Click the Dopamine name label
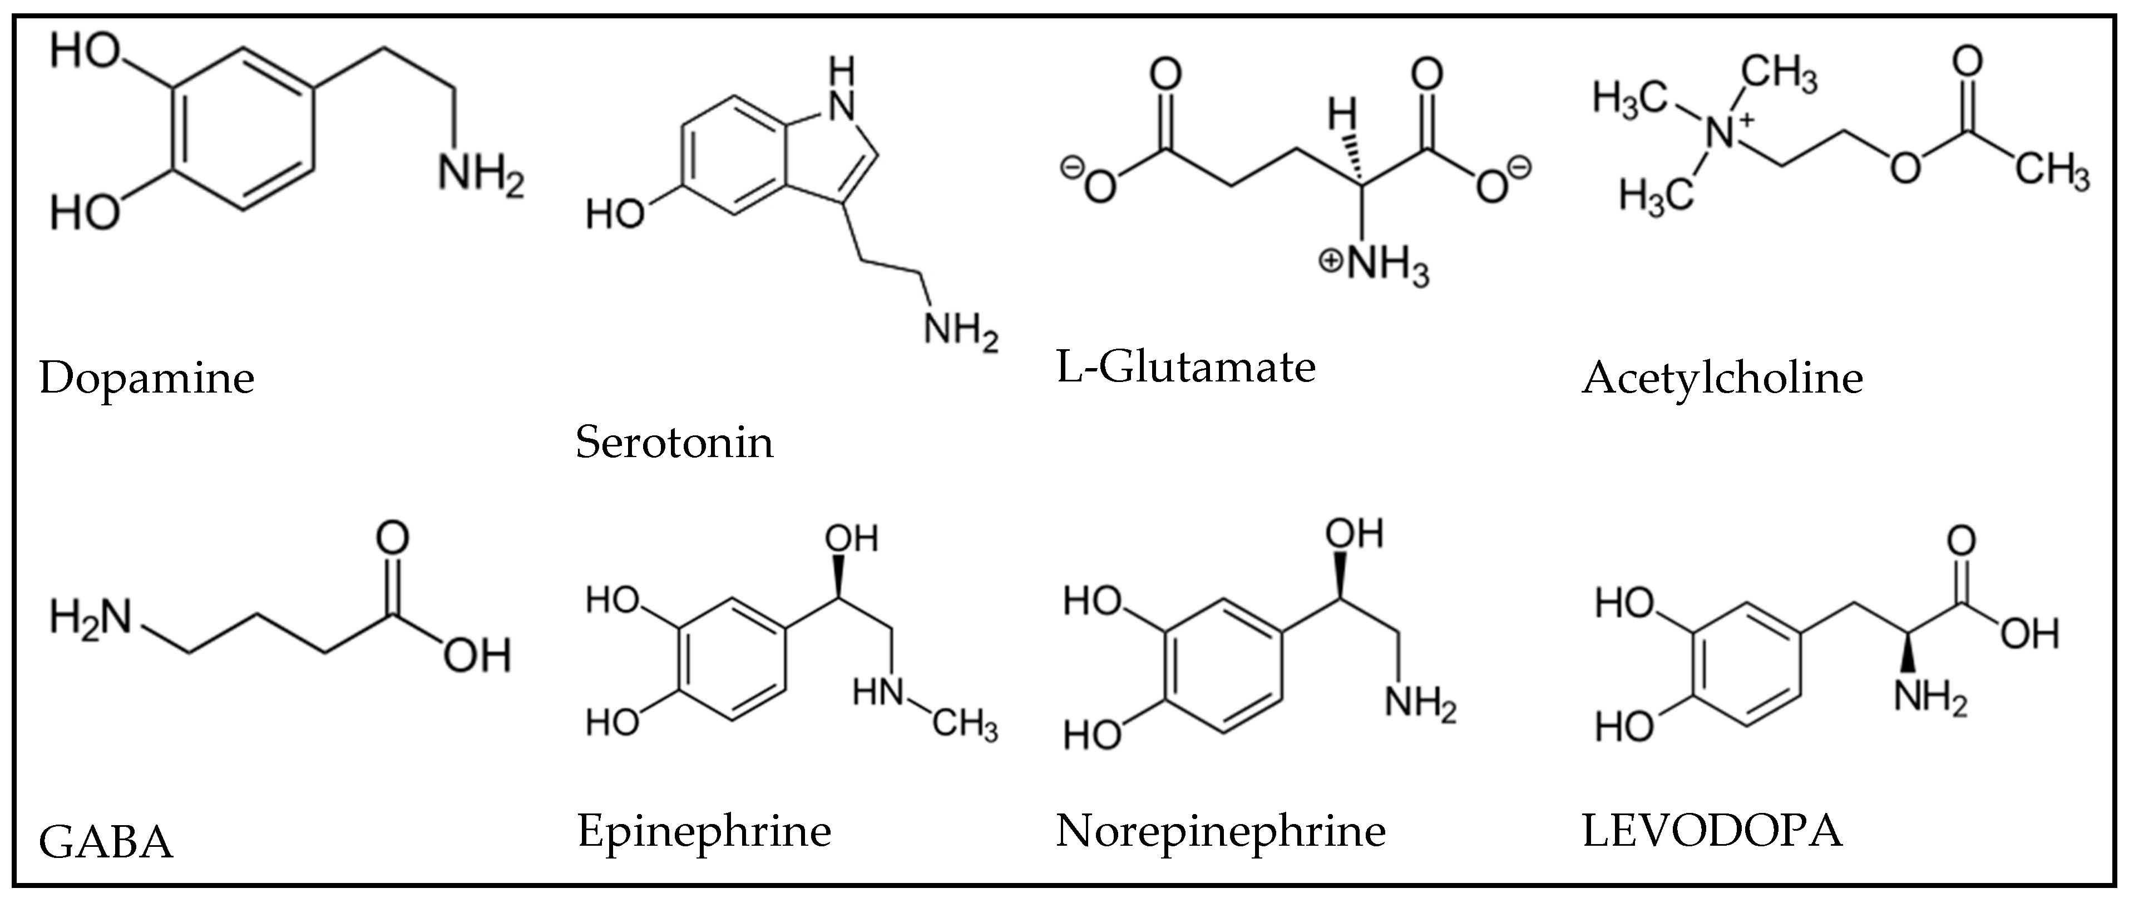pyautogui.click(x=146, y=379)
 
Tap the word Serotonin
pyautogui.click(x=674, y=443)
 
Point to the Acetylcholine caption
pyautogui.click(x=1722, y=379)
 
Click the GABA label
pyautogui.click(x=106, y=844)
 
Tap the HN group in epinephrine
pyautogui.click(x=878, y=692)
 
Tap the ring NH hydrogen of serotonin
pyautogui.click(x=841, y=75)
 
